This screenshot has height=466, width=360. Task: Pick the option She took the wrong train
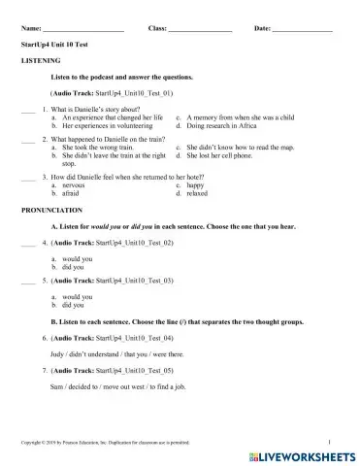[x=100, y=148]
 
